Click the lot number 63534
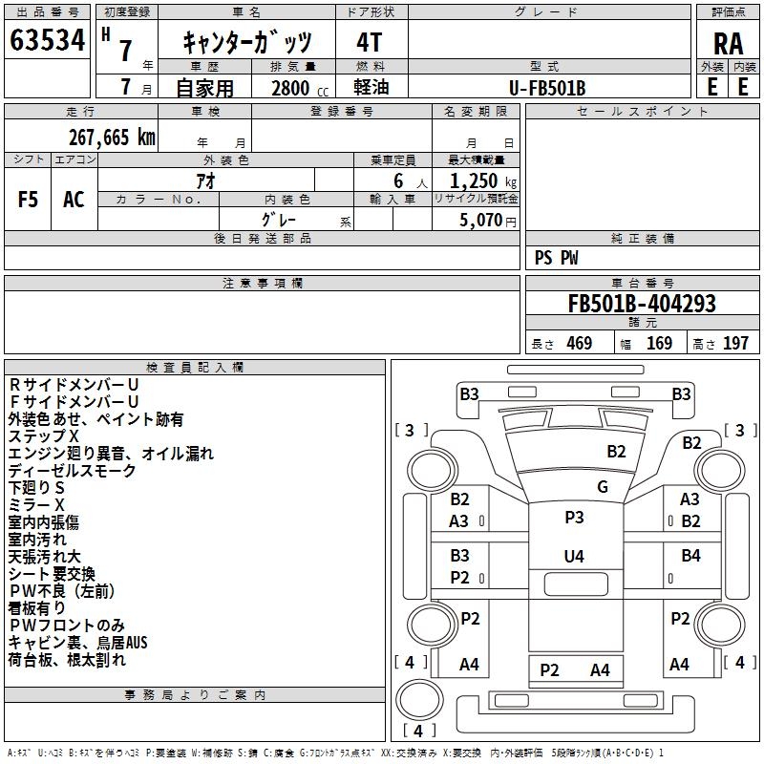click(x=48, y=41)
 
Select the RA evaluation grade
click(x=728, y=43)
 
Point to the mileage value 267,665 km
click(x=112, y=138)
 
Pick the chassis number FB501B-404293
click(x=642, y=305)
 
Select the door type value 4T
click(x=370, y=42)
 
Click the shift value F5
click(x=29, y=200)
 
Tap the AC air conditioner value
click(x=74, y=200)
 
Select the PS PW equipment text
click(x=557, y=258)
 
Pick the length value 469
click(x=579, y=344)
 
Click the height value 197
click(x=735, y=344)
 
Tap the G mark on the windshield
click(x=603, y=487)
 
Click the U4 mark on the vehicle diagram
click(x=574, y=556)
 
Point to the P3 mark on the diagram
click(x=574, y=517)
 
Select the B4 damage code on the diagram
click(x=690, y=556)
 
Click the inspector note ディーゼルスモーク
click(x=73, y=470)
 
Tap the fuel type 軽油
click(x=370, y=88)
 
